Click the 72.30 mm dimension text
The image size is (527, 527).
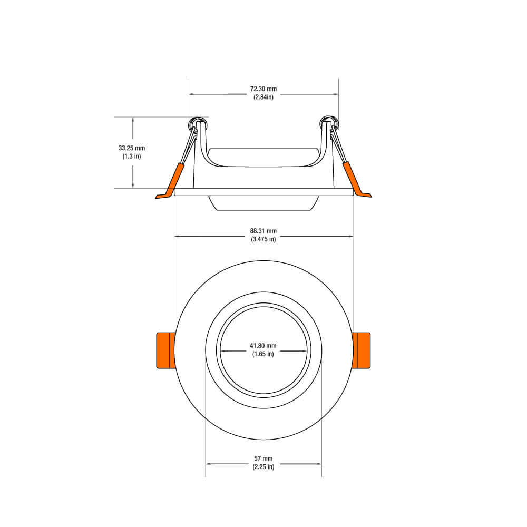click(263, 89)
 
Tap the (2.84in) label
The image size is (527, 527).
click(263, 97)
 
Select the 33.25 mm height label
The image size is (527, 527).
click(132, 148)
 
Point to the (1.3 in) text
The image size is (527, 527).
click(132, 157)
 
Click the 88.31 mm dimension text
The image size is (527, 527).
click(263, 231)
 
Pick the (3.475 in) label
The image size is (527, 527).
click(263, 239)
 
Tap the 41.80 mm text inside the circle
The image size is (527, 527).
click(263, 346)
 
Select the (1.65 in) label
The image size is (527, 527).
click(263, 354)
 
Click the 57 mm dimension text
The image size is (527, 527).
click(263, 458)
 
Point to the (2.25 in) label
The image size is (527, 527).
click(263, 467)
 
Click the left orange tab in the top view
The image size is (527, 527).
click(165, 350)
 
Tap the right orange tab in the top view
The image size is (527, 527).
click(362, 350)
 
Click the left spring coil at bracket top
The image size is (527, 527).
click(198, 124)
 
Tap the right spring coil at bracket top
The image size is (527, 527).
click(329, 124)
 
